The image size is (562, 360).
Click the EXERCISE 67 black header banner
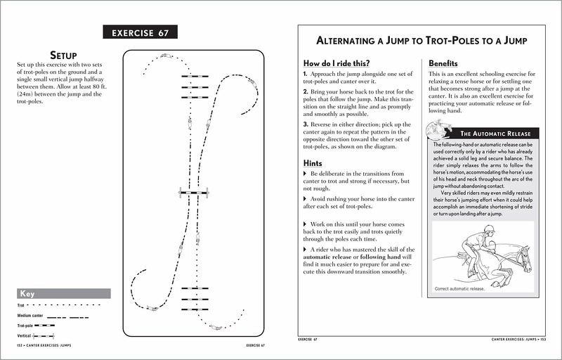(x=140, y=32)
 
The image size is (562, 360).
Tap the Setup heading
(x=63, y=55)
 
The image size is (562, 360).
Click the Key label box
(x=63, y=294)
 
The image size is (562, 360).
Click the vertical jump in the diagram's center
(x=194, y=191)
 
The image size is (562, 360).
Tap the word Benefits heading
(x=443, y=63)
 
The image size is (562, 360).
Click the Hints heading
(x=313, y=162)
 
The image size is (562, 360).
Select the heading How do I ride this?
(x=338, y=63)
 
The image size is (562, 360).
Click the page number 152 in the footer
(x=20, y=346)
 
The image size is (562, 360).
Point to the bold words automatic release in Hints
(x=326, y=259)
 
